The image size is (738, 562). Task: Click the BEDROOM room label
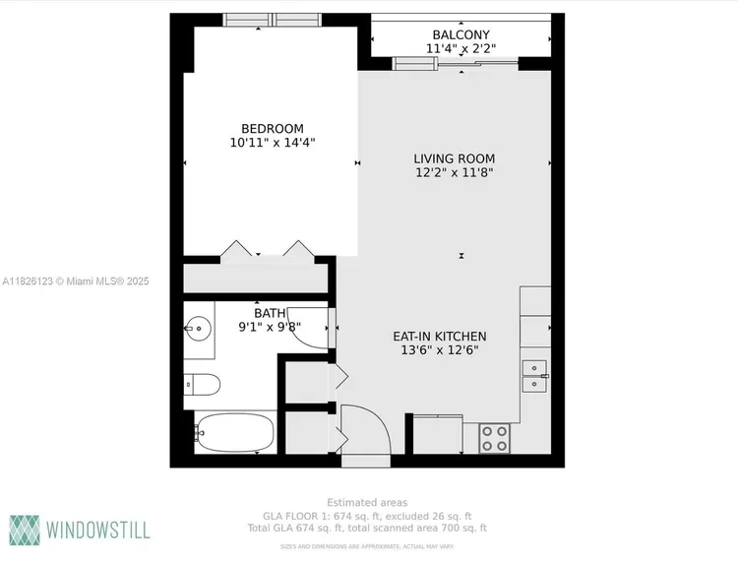[x=273, y=128]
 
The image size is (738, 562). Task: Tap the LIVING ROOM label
[x=454, y=158]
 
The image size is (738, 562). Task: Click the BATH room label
[x=269, y=313]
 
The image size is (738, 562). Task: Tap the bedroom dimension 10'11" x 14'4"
[x=273, y=143]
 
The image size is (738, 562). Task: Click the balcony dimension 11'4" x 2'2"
[x=461, y=48]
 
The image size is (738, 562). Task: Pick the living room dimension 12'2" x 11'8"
[x=454, y=173]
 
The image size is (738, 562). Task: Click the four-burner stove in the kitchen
[x=495, y=438]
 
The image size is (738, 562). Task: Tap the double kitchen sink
[x=535, y=376]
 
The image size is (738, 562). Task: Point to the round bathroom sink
[x=201, y=327]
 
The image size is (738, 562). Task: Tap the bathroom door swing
[x=310, y=329]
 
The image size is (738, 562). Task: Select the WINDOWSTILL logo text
[x=95, y=530]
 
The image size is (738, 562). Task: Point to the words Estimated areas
[x=367, y=503]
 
